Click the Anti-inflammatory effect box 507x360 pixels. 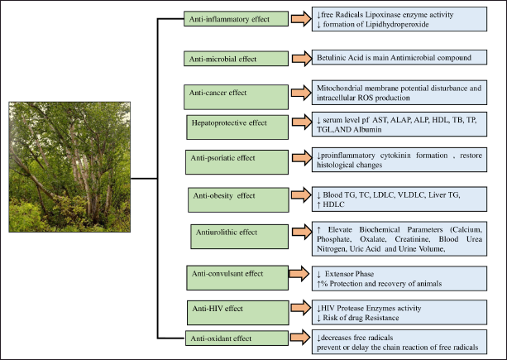pos(236,19)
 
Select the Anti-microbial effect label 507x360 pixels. pos(222,59)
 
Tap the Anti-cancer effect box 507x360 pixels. pos(236,97)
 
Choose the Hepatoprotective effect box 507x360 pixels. pos(237,127)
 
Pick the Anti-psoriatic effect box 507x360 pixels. pos(237,162)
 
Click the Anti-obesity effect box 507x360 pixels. pos(238,200)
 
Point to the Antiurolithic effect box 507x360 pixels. pos(239,237)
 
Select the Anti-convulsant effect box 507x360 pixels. pos(237,278)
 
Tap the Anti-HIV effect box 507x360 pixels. pos(238,313)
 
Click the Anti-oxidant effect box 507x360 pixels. pos(237,338)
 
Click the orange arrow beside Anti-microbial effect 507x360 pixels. pos(302,59)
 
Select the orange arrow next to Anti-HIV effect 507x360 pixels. pos(301,307)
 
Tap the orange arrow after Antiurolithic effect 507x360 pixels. pos(302,232)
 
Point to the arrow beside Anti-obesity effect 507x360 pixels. pos(301,195)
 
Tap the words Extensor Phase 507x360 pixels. pos(349,274)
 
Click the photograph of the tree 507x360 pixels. pos(69,167)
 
